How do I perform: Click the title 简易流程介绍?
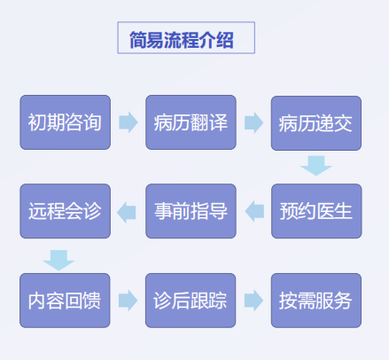(182, 40)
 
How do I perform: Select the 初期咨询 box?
(66, 122)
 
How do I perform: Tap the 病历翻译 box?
(191, 122)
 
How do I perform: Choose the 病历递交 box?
(316, 123)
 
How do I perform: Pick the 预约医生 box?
(316, 211)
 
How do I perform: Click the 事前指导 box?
(191, 211)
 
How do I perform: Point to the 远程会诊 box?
(66, 211)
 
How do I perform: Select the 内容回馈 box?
(65, 301)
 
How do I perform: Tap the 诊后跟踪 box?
(191, 301)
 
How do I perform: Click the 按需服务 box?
(316, 301)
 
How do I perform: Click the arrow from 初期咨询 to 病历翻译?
(128, 122)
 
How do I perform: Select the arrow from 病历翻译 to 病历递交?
(253, 122)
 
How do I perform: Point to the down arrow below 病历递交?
(316, 166)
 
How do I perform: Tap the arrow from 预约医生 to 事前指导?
(254, 211)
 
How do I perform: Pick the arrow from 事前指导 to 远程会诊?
(127, 212)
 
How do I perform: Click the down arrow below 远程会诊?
(58, 261)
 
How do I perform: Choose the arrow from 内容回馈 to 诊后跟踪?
(128, 301)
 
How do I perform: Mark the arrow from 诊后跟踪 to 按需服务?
(253, 301)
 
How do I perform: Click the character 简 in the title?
(138, 40)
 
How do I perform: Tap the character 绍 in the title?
(225, 40)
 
